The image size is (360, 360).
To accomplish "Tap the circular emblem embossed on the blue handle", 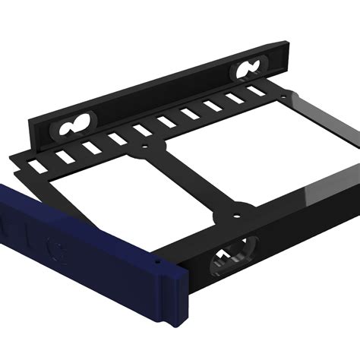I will tap(55, 248).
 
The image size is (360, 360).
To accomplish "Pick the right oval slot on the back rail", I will tap(248, 71).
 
